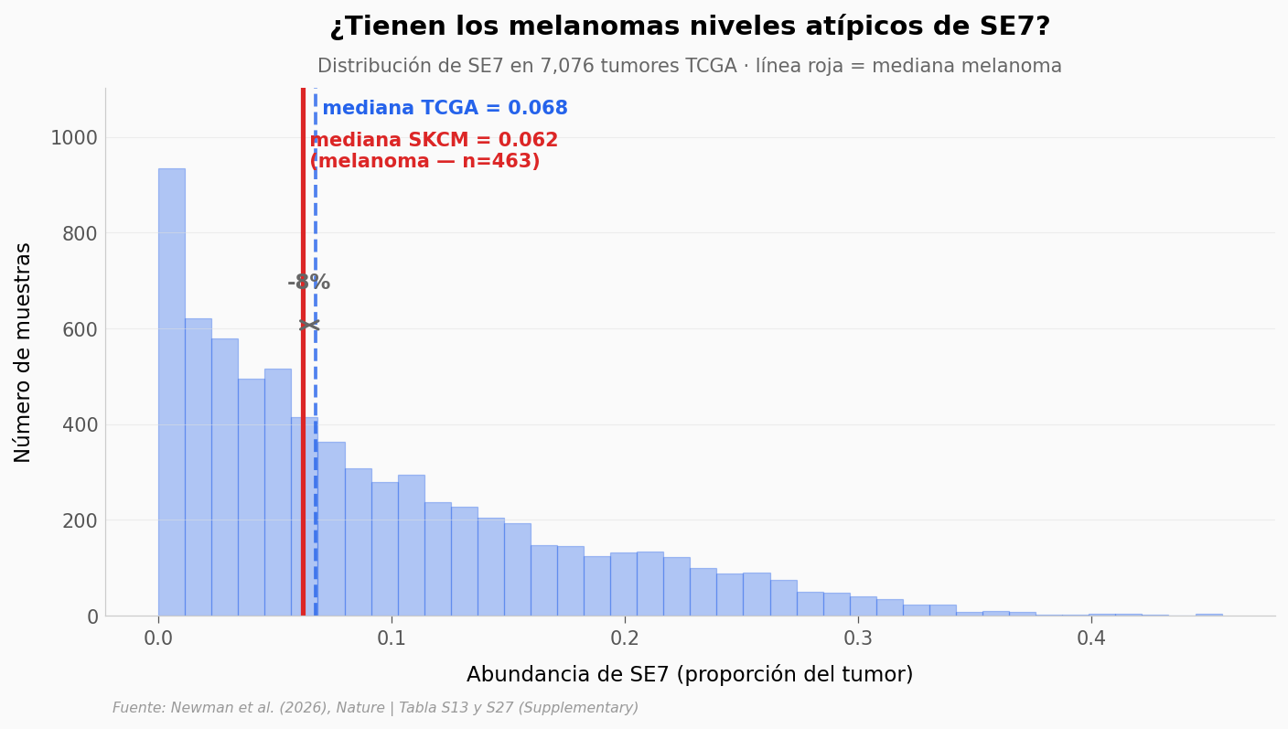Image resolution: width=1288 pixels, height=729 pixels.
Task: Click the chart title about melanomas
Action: pos(690,27)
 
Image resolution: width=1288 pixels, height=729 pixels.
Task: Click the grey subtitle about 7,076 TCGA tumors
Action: pos(690,66)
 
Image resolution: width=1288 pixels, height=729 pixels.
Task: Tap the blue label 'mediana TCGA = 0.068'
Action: pos(445,108)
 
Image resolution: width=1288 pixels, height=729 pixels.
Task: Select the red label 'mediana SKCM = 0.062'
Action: pos(434,140)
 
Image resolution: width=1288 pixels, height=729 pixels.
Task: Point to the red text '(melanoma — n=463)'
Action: pos(425,161)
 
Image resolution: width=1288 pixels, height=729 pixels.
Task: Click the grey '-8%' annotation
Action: pos(309,283)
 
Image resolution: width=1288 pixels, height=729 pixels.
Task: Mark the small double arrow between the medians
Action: pos(309,326)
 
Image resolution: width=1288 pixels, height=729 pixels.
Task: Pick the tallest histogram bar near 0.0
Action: pos(172,392)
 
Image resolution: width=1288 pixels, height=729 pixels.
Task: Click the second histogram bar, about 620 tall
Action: pos(199,466)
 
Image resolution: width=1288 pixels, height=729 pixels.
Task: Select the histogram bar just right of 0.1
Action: pos(412,545)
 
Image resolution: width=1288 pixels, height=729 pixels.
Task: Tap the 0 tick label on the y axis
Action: pos(92,616)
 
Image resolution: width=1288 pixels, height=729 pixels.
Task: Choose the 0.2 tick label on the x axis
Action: pos(625,638)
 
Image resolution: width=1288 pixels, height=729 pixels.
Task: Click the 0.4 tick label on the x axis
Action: pos(1091,638)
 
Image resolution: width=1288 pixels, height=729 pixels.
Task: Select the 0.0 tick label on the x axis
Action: pos(158,638)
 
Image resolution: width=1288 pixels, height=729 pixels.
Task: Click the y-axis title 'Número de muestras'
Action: pos(22,352)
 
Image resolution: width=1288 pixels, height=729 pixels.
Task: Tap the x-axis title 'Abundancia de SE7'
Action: pos(690,674)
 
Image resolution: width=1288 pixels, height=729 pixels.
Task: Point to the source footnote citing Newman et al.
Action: pos(375,708)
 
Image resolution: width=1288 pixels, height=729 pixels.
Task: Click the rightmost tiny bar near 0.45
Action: pos(1209,615)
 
